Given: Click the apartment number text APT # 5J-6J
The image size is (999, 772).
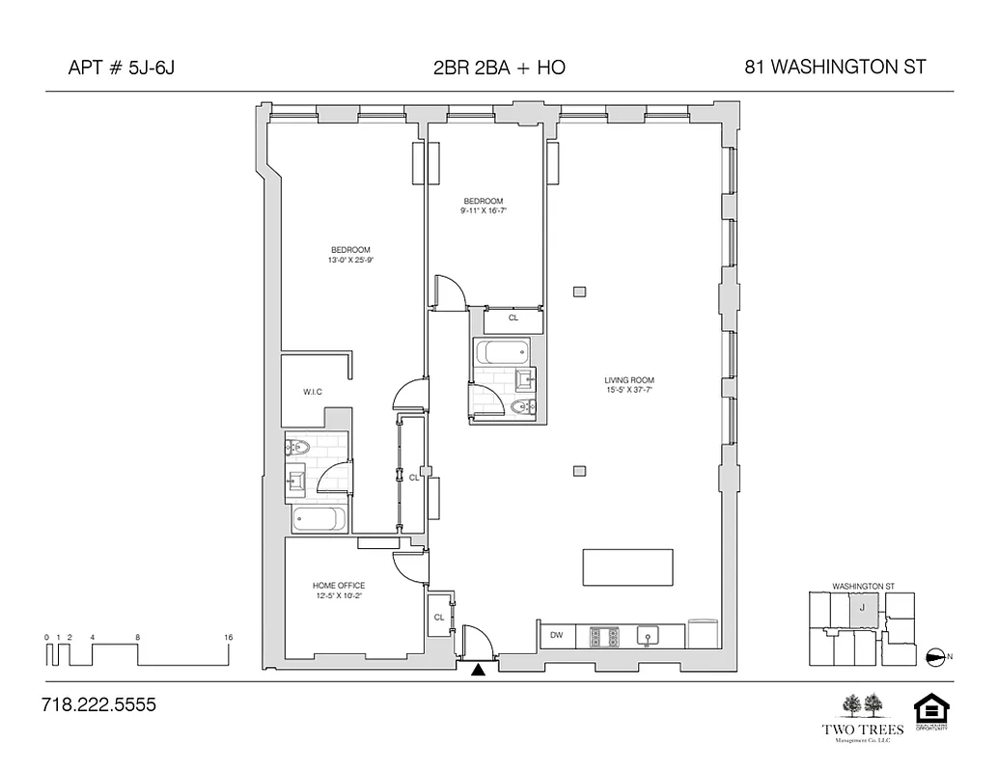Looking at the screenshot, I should (122, 68).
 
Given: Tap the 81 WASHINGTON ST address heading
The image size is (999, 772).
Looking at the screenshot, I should (835, 68).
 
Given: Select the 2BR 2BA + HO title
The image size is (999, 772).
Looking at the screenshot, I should (499, 68).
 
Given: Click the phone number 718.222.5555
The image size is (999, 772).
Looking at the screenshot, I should (98, 705).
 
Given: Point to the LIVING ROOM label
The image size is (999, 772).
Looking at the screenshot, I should (629, 380).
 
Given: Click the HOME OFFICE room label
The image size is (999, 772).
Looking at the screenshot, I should (338, 586).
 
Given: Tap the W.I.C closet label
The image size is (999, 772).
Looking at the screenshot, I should (312, 391).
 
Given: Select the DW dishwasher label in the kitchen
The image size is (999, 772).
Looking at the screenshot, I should (556, 635).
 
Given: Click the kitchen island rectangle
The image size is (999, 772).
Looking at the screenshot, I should (627, 567).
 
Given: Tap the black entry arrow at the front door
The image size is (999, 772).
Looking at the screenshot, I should (477, 669).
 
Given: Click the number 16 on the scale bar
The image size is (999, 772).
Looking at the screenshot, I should (228, 638).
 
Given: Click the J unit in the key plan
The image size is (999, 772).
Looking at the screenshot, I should (862, 609).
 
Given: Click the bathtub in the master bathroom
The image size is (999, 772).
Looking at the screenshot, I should (318, 520).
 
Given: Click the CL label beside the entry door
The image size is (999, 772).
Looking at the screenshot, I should (438, 617).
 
